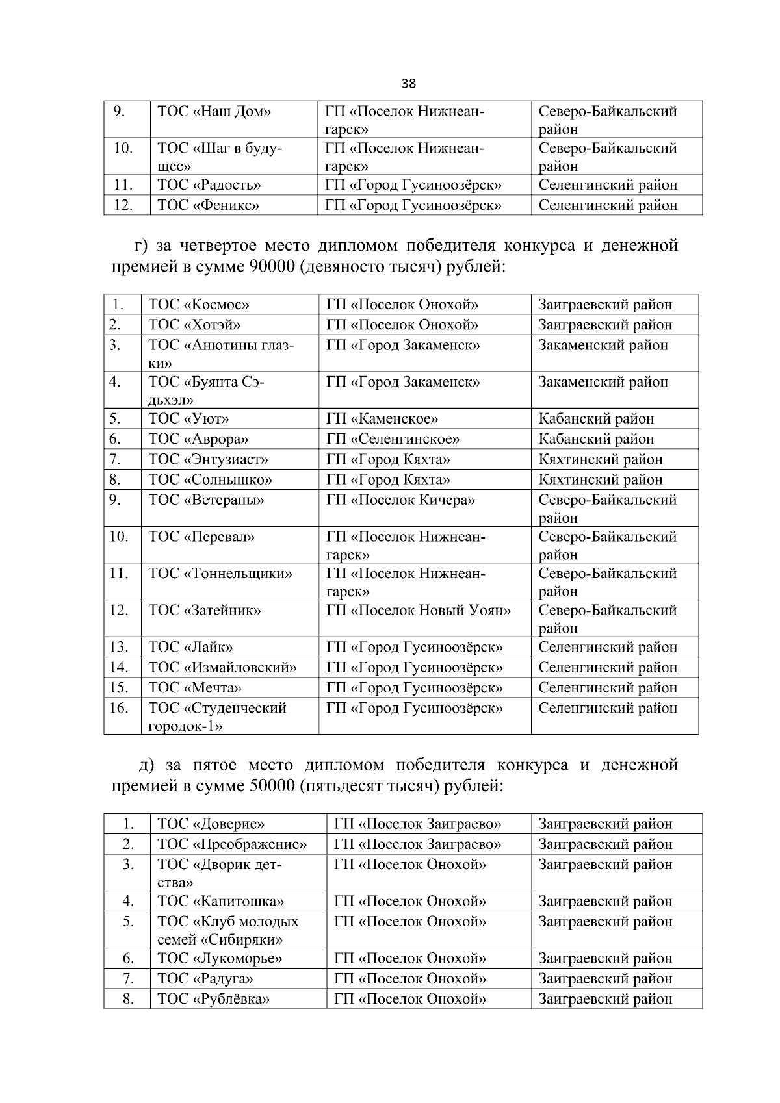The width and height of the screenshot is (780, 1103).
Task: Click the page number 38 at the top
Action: tap(409, 84)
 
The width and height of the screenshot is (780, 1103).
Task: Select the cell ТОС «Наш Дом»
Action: tap(214, 111)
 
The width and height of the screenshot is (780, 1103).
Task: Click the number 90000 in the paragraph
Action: tap(272, 266)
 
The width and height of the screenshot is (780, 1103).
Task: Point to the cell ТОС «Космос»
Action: tap(199, 305)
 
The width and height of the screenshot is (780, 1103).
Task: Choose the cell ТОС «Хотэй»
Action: tap(195, 325)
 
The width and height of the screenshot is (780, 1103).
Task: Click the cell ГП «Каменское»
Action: tap(382, 419)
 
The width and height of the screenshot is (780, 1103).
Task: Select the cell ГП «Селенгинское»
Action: tap(393, 439)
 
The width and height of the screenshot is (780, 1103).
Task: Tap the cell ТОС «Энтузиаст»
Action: tap(209, 460)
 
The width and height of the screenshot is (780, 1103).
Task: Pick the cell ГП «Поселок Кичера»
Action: tap(400, 500)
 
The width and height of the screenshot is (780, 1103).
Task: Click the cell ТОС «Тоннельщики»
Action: tap(220, 574)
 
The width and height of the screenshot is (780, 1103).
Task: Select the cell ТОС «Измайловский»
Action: tap(222, 668)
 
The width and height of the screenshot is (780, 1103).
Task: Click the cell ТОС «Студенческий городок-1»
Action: tap(217, 716)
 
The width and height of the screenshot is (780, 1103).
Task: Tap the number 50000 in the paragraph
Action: tap(272, 786)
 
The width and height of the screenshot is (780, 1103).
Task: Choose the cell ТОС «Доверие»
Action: tap(211, 824)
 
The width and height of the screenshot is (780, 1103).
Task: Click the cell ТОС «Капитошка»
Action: tap(221, 902)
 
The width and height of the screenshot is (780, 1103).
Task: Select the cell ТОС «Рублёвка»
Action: tap(214, 999)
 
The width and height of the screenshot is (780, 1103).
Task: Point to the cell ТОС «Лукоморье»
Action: tap(220, 959)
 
